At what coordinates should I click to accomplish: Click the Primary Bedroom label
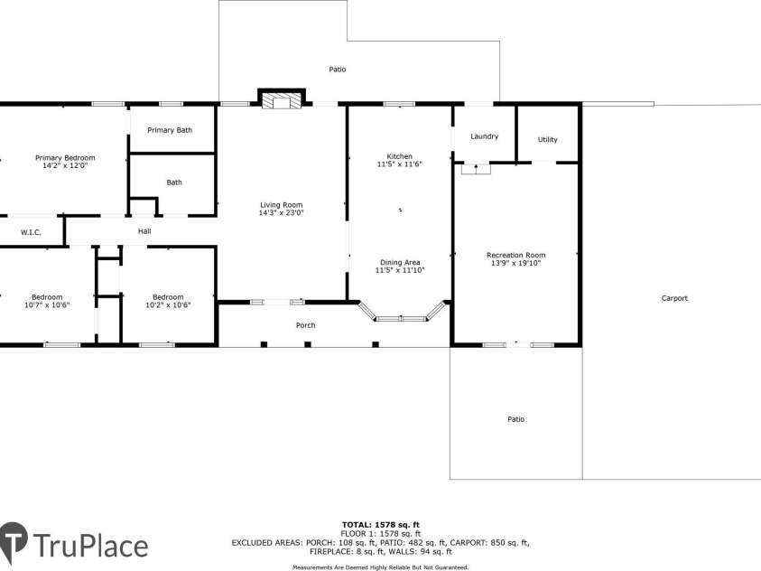pos(65,157)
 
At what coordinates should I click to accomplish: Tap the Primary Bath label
pos(170,130)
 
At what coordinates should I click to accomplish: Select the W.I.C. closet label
pos(32,232)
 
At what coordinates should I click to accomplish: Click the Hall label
pos(144,231)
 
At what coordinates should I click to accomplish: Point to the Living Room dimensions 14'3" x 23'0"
pos(281,213)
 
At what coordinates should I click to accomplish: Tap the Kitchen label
pos(399,156)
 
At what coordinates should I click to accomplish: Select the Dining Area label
pos(399,262)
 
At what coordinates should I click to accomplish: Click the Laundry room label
pos(484,136)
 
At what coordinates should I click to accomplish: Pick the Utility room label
pos(547,139)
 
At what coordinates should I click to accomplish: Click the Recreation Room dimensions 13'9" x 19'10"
pos(515,263)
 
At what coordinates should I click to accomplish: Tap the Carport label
pos(674,298)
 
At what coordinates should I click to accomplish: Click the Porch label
pos(306,325)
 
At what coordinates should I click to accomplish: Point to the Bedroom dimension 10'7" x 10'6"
pos(47,305)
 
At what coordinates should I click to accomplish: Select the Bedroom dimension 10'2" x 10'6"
pos(168,305)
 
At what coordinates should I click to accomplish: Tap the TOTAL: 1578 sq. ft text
pos(380,524)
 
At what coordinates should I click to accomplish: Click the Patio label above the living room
pos(337,70)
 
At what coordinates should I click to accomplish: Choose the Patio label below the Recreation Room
pos(515,419)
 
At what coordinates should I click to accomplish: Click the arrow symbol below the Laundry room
pos(476,167)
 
